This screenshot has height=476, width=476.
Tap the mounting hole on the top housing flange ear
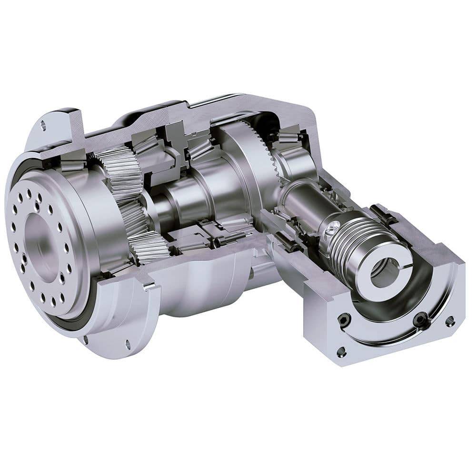(43, 126)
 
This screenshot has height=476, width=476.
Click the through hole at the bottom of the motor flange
(341, 352)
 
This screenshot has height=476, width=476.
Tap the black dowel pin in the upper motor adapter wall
(379, 209)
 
